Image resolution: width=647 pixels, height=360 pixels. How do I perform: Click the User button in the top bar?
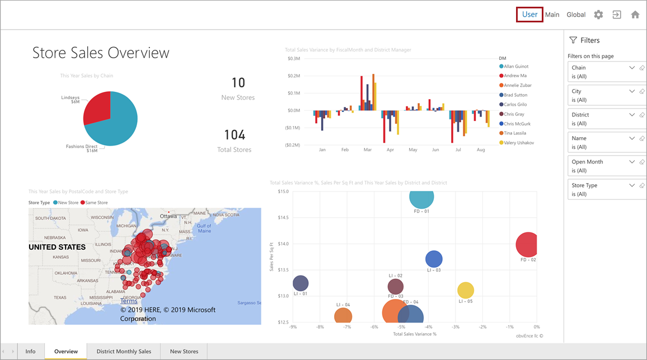click(x=529, y=15)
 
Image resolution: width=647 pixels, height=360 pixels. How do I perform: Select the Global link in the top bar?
click(x=576, y=15)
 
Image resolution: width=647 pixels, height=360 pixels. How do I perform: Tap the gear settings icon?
click(x=598, y=15)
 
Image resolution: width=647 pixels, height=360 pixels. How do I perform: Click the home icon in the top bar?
click(x=635, y=15)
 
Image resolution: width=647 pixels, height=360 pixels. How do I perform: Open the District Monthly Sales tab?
click(x=124, y=352)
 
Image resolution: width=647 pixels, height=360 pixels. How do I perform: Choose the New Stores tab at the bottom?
click(x=184, y=352)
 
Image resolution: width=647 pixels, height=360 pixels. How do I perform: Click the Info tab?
click(x=30, y=352)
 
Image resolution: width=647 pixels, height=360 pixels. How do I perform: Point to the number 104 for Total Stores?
click(x=235, y=135)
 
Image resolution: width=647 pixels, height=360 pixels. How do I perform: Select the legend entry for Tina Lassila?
click(x=517, y=133)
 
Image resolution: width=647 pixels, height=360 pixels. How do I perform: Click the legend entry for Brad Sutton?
click(x=515, y=95)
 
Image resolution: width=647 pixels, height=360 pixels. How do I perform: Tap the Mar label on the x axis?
click(x=367, y=150)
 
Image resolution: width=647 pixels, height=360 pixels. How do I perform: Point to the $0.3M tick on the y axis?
click(x=294, y=58)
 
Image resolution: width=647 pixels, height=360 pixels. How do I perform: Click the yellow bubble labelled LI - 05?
click(x=466, y=290)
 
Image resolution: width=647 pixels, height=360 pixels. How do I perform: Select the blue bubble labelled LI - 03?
click(x=434, y=259)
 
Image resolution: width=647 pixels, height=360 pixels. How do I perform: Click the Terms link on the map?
click(x=129, y=301)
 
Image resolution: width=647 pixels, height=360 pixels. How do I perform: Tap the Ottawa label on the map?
click(x=168, y=216)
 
